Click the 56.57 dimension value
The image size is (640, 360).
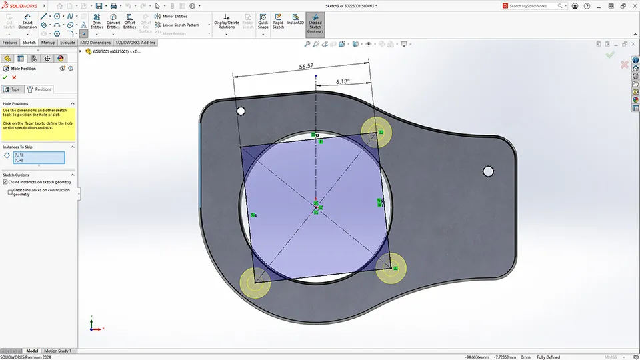click(307, 67)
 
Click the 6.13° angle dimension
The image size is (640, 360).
click(343, 81)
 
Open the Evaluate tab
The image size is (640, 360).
click(67, 42)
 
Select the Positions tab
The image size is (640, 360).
click(39, 89)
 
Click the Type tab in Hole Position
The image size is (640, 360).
click(12, 89)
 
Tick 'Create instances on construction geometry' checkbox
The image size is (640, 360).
click(11, 191)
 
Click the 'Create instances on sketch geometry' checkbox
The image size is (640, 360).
click(5, 181)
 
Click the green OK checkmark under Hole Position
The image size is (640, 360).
click(5, 77)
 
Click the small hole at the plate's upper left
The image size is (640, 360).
click(241, 111)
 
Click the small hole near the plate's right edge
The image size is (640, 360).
click(488, 171)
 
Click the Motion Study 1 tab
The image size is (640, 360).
click(57, 351)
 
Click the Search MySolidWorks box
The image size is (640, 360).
click(537, 6)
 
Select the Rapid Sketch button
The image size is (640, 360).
click(278, 23)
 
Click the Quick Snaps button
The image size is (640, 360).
click(263, 23)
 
